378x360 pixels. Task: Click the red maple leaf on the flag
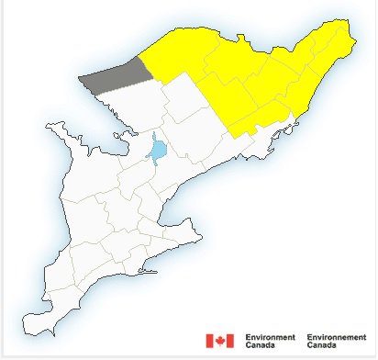coord(219,341)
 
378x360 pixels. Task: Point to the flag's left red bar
coord(210,341)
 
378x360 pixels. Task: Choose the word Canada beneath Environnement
coord(322,345)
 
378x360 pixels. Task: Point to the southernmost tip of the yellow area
coord(240,137)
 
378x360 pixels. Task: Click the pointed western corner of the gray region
coord(80,79)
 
